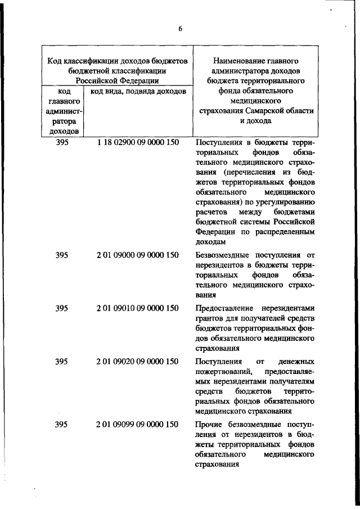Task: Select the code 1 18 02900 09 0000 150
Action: [138, 143]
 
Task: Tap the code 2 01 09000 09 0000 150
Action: [138, 255]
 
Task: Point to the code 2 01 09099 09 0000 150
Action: [138, 424]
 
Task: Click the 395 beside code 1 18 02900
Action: [62, 143]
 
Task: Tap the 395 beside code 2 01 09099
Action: [62, 424]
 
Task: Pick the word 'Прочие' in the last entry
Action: [209, 424]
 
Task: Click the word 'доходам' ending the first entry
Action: [210, 241]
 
